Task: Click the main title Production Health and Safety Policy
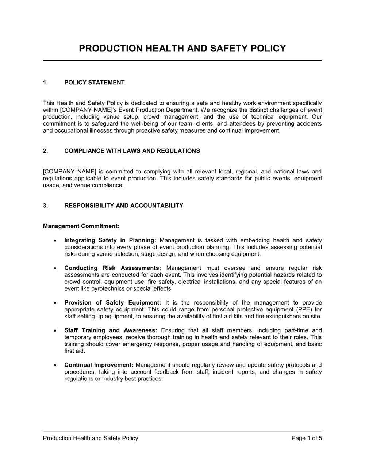click(182, 49)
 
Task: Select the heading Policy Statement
click(95, 83)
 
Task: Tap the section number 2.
click(45, 151)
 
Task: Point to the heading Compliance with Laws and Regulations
click(132, 151)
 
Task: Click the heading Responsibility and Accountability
click(124, 206)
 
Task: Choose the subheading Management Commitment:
click(81, 226)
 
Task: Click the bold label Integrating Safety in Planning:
click(110, 240)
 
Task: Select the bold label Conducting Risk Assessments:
click(113, 268)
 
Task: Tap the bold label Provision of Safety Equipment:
click(112, 303)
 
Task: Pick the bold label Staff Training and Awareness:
click(111, 330)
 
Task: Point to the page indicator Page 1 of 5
click(307, 438)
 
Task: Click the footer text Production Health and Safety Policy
click(91, 438)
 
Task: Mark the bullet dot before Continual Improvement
click(55, 365)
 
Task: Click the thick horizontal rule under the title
click(182, 61)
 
